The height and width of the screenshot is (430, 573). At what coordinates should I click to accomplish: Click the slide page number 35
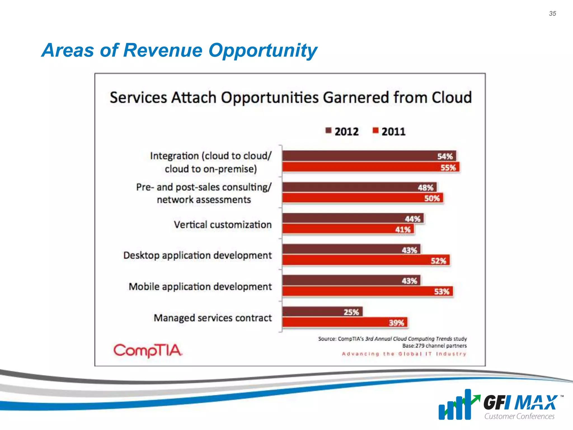(552, 13)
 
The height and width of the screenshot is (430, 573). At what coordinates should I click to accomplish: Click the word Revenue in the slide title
(163, 50)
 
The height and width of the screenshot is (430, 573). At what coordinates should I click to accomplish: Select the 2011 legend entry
(389, 131)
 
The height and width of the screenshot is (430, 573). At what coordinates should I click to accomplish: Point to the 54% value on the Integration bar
(445, 156)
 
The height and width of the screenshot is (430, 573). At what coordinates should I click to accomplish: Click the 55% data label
(448, 168)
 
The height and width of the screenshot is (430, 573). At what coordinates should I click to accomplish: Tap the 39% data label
(396, 323)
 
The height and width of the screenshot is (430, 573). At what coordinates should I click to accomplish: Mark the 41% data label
(403, 230)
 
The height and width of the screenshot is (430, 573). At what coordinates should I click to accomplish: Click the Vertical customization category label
(223, 225)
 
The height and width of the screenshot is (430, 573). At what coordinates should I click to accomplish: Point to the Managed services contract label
(213, 318)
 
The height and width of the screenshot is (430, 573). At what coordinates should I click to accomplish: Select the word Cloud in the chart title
(451, 97)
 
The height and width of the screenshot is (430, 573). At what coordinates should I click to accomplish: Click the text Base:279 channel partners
(434, 346)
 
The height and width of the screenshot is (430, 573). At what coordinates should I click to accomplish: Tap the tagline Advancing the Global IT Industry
(404, 354)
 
